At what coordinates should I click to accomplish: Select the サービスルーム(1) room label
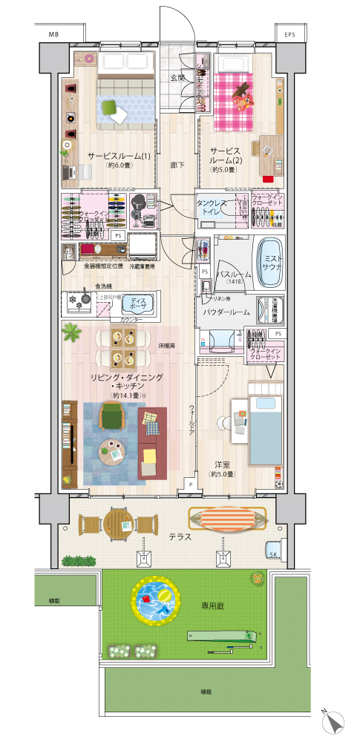click(118, 157)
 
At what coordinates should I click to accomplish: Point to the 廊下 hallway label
click(177, 165)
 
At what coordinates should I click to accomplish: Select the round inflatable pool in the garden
click(154, 600)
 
